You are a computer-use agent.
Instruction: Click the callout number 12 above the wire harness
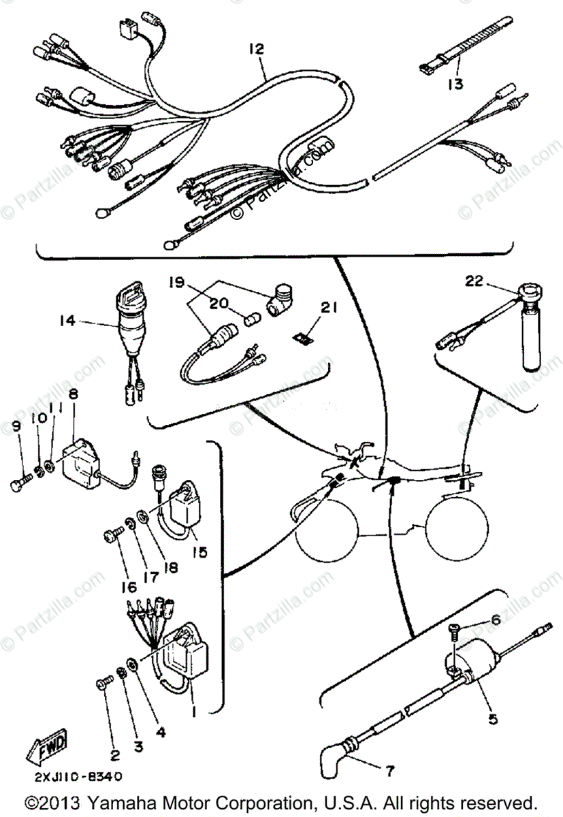click(257, 49)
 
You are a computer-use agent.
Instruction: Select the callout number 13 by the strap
click(455, 84)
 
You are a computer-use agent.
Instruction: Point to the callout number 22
click(474, 280)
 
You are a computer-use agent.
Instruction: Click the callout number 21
click(329, 308)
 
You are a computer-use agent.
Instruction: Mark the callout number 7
click(390, 772)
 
